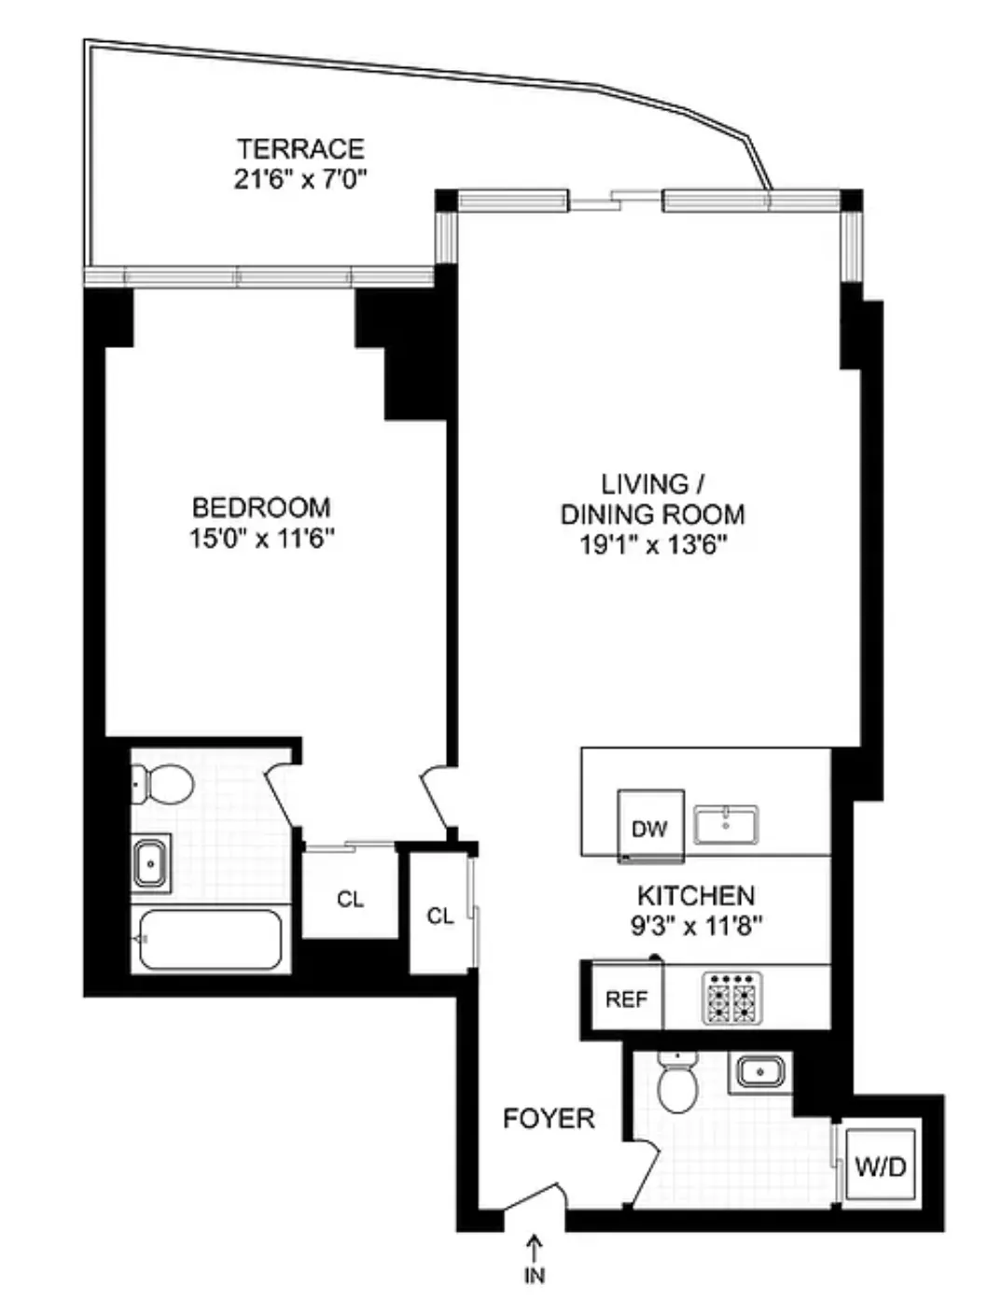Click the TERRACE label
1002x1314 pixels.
pyautogui.click(x=299, y=149)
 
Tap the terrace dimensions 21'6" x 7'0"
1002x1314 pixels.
pyautogui.click(x=299, y=178)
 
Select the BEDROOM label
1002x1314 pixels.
pyautogui.click(x=261, y=508)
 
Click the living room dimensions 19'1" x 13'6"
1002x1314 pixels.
pyautogui.click(x=653, y=545)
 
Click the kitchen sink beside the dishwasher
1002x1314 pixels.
pyautogui.click(x=726, y=825)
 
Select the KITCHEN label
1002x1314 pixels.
pyautogui.click(x=695, y=896)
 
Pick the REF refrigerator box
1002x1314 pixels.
pyautogui.click(x=626, y=999)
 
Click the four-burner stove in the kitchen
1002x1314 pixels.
pyautogui.click(x=732, y=998)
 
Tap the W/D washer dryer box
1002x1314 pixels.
pyautogui.click(x=881, y=1166)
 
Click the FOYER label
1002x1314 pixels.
pyautogui.click(x=549, y=1118)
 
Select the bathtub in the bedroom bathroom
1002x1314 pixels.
pyautogui.click(x=210, y=939)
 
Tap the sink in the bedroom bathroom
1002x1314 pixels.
pyautogui.click(x=150, y=863)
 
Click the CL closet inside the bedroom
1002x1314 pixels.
pyautogui.click(x=351, y=899)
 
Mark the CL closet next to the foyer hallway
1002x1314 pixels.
pyautogui.click(x=440, y=916)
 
